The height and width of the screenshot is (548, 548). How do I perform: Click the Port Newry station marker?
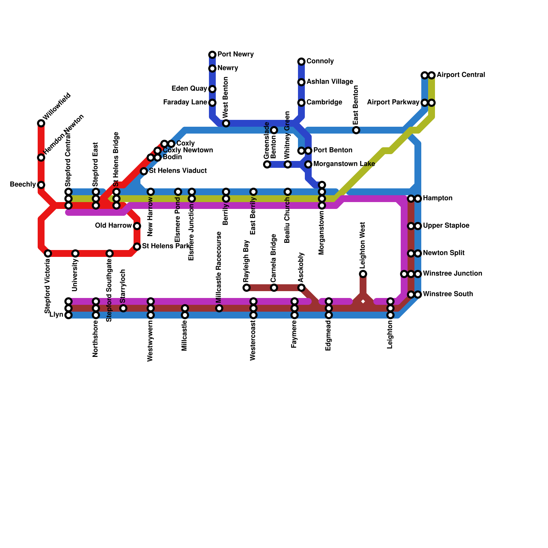212,55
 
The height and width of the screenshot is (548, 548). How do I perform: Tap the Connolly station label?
320,61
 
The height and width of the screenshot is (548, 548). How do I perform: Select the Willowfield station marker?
41,123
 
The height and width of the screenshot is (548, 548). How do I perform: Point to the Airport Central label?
461,75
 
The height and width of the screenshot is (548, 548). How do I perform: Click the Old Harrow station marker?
137,226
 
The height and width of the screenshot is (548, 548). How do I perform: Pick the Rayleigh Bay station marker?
247,288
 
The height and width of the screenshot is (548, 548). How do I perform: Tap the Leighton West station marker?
363,274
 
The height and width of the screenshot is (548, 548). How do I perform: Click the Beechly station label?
23,185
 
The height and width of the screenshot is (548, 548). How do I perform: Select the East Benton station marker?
356,130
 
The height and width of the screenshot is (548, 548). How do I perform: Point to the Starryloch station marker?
123,308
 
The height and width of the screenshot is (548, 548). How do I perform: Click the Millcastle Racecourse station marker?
219,308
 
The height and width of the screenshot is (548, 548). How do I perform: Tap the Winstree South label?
448,294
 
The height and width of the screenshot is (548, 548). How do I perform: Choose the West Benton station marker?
226,123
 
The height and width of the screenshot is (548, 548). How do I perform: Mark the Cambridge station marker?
301,103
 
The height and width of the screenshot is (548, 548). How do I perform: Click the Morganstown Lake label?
344,164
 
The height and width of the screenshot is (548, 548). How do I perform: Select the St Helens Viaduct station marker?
144,171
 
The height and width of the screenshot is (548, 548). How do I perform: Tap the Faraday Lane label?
185,102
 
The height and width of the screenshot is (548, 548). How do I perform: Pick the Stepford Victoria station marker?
48,253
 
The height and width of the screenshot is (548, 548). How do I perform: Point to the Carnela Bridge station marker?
274,288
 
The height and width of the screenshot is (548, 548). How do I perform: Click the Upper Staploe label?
446,226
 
